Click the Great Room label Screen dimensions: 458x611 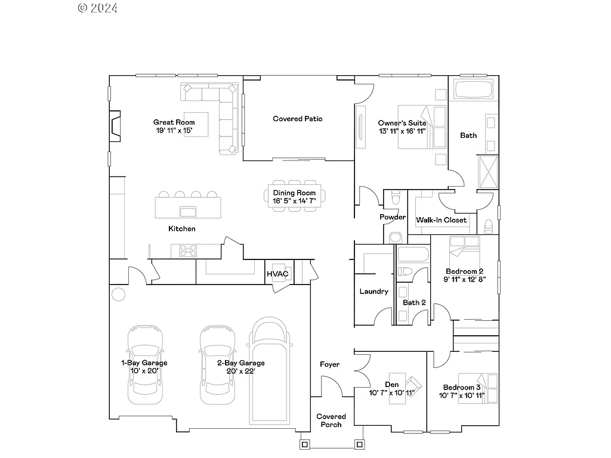pyautogui.click(x=174, y=122)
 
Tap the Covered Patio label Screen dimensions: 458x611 pyautogui.click(x=298, y=119)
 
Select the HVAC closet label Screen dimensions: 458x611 pyautogui.click(x=277, y=274)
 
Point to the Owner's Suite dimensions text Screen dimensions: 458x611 pyautogui.click(x=402, y=131)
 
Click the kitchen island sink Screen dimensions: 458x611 pyautogui.click(x=189, y=211)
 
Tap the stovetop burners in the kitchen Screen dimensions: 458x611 pyautogui.click(x=189, y=251)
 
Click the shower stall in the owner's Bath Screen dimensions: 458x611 pyautogui.click(x=488, y=171)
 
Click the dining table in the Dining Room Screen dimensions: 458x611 pyautogui.click(x=294, y=194)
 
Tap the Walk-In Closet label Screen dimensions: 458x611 pyautogui.click(x=442, y=220)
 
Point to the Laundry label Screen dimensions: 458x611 pyautogui.click(x=374, y=292)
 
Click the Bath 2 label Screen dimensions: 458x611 pyautogui.click(x=414, y=302)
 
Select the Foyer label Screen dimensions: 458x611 pyautogui.click(x=330, y=364)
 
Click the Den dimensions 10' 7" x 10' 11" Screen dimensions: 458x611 pyautogui.click(x=391, y=393)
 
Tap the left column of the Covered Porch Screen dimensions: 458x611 pyautogui.click(x=305, y=444)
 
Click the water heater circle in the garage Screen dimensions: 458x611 pyautogui.click(x=118, y=294)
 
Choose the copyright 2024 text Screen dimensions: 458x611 pyautogui.click(x=98, y=8)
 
